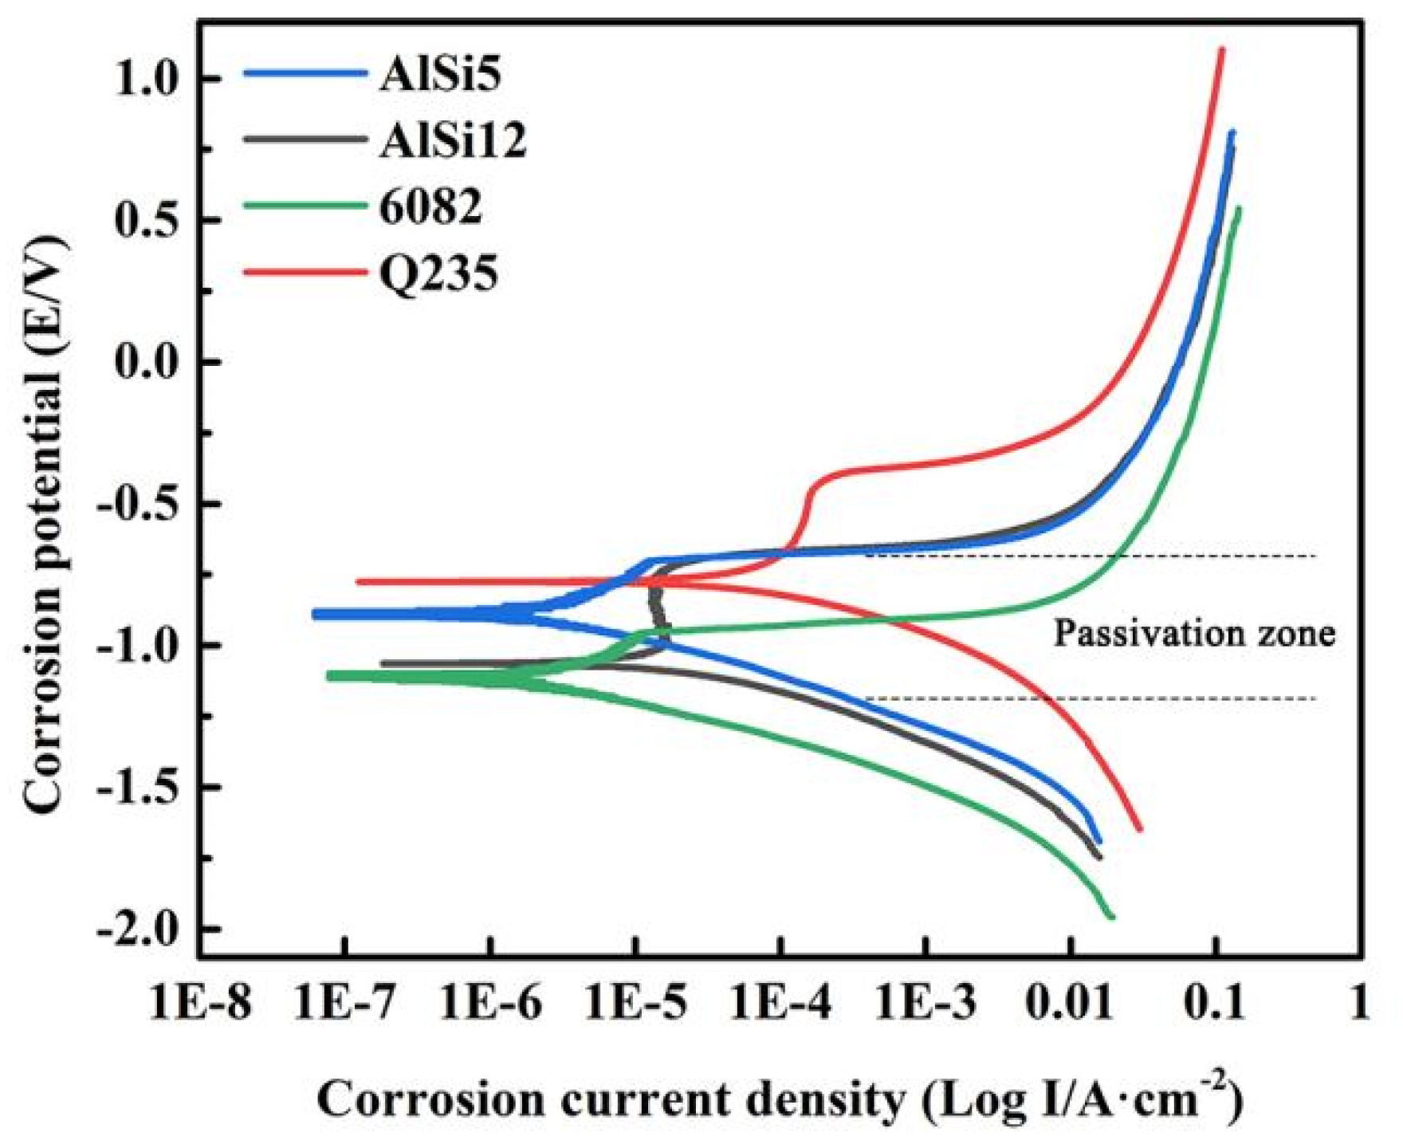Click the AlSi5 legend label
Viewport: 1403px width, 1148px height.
(440, 75)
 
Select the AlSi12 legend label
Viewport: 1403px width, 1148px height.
(453, 141)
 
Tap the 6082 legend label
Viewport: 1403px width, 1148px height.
(430, 207)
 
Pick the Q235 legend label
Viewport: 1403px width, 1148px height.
(438, 273)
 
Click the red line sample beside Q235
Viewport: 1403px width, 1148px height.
(304, 273)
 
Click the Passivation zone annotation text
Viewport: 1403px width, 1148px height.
(1194, 633)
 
